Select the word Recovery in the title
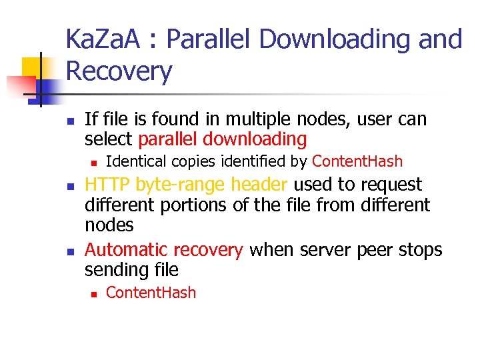point(119,71)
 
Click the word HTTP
point(108,185)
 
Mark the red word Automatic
point(127,250)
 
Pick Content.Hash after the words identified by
point(357,161)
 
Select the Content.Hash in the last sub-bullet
point(151,293)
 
